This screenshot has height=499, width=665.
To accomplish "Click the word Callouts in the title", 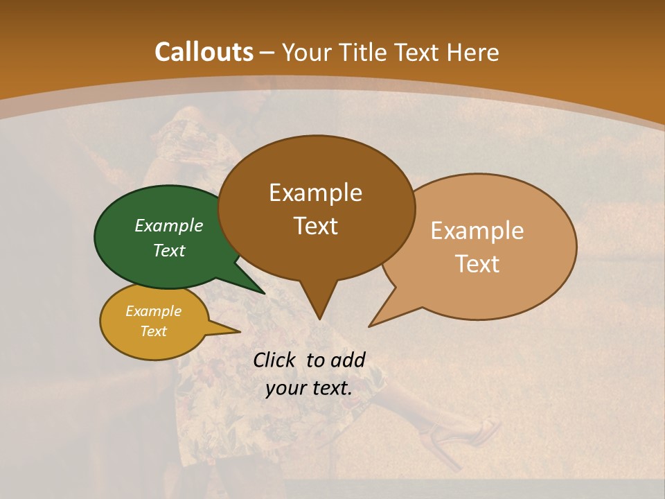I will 204,52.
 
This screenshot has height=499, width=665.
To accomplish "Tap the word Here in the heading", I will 471,52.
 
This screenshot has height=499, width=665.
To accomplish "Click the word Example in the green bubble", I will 168,225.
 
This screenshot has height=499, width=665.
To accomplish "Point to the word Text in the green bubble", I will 168,250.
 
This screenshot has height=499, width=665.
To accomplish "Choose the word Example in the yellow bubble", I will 153,311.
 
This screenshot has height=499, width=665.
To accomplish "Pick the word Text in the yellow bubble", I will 153,331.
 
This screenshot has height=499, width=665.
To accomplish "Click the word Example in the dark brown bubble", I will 315,192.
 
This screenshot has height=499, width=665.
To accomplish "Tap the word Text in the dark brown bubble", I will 315,226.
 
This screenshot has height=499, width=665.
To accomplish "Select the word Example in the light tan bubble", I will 477,231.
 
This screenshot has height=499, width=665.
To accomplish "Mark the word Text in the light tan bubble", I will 477,264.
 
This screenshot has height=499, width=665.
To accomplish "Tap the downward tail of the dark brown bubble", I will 319,305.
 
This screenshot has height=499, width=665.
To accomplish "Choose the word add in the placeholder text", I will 348,360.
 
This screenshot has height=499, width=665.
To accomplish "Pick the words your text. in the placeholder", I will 308,388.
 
